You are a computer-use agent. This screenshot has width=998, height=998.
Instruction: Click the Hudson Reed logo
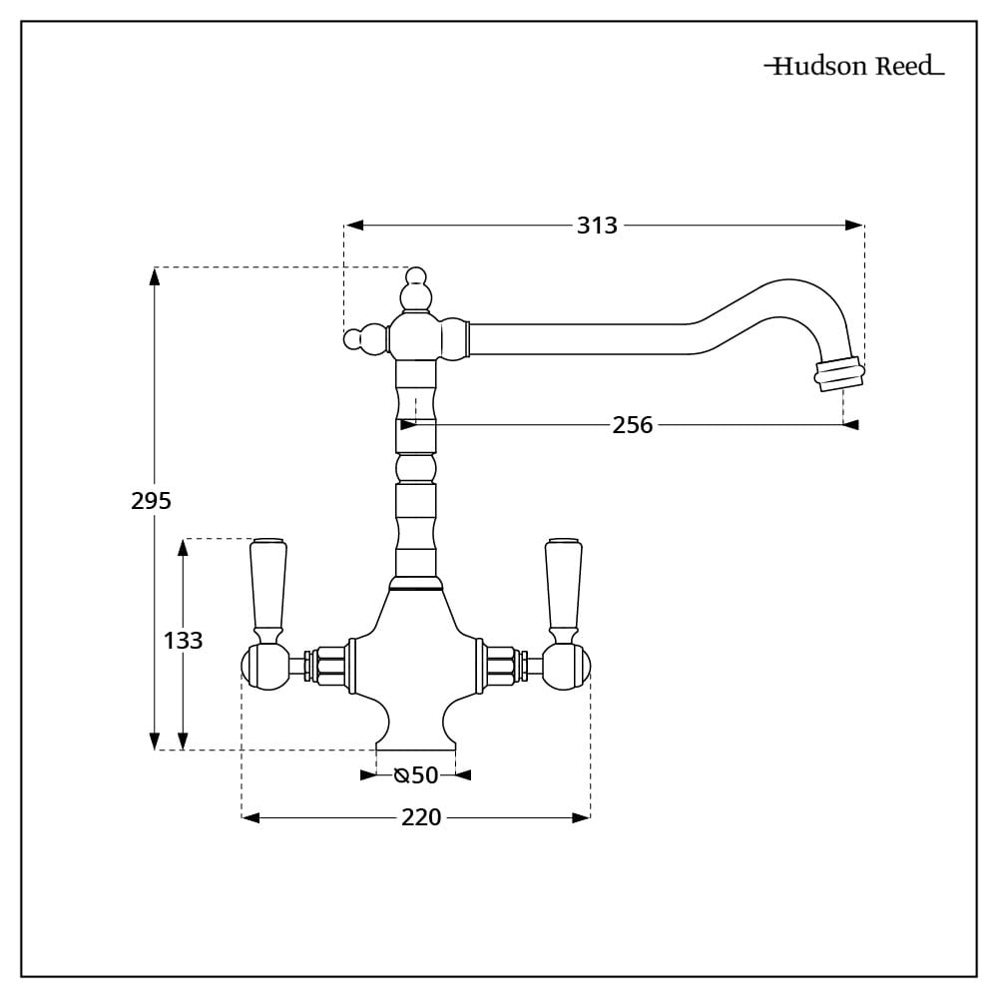click(854, 66)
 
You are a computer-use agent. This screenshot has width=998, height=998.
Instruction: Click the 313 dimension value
click(597, 226)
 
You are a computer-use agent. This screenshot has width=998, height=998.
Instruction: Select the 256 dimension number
click(633, 424)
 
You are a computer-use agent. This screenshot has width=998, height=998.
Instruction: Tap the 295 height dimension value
click(152, 501)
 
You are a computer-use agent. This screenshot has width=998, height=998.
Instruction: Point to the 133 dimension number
click(184, 641)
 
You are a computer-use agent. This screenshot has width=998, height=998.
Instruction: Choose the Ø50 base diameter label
click(416, 775)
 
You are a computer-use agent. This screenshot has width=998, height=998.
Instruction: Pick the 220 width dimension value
click(421, 817)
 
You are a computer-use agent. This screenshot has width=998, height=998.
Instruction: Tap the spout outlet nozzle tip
click(839, 375)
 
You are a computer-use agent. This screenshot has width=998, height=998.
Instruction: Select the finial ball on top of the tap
click(415, 289)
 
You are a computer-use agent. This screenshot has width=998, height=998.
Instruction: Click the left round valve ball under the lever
click(265, 667)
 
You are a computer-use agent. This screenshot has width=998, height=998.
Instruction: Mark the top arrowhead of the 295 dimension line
click(154, 276)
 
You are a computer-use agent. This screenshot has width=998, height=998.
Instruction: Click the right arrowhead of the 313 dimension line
click(854, 226)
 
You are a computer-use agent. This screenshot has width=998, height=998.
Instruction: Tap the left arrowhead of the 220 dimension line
click(250, 818)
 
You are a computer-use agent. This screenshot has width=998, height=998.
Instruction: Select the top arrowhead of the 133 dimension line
click(184, 548)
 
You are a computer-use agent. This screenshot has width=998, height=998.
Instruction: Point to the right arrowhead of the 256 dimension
click(849, 424)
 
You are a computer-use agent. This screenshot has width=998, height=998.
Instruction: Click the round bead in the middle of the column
click(415, 468)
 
